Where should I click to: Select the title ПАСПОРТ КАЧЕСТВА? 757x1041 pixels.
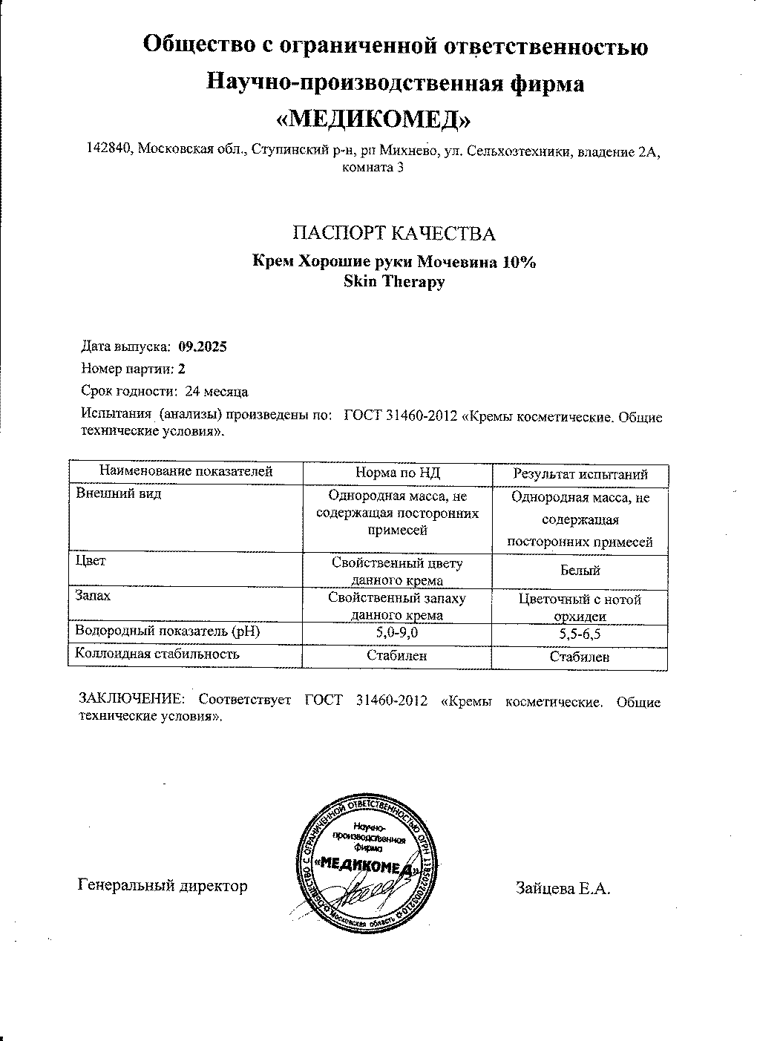click(x=394, y=234)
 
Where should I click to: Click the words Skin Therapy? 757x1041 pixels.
click(x=394, y=281)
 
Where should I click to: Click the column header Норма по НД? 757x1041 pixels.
click(x=398, y=472)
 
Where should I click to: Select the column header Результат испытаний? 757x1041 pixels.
click(x=580, y=474)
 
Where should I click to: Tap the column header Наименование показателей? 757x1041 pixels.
click(x=186, y=471)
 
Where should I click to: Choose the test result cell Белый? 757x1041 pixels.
click(x=580, y=571)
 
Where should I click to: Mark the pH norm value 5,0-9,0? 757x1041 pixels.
click(x=397, y=633)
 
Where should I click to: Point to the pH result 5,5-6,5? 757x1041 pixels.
click(x=580, y=634)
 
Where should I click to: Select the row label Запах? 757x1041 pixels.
click(x=94, y=596)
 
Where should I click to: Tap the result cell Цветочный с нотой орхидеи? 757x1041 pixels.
click(x=580, y=608)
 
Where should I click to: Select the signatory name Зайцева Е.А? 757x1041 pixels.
click(x=563, y=888)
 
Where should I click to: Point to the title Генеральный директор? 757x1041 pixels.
click(x=163, y=885)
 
